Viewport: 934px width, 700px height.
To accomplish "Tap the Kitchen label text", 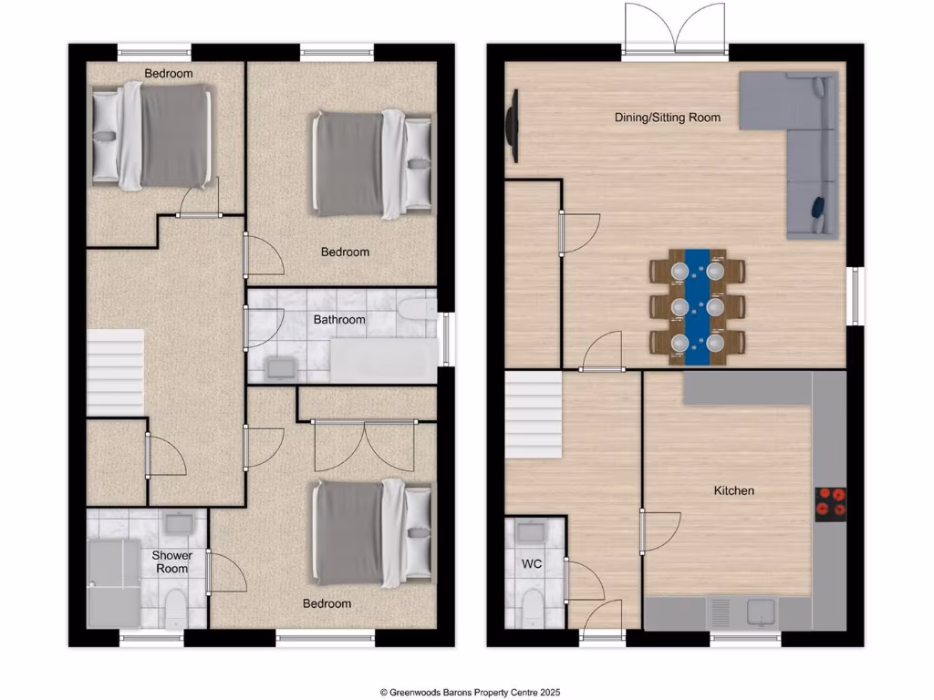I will pos(733,491).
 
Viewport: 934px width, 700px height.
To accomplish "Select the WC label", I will pos(532,564).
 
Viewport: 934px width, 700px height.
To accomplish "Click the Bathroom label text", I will pos(339,320).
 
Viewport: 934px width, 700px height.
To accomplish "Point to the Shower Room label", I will pos(171,561).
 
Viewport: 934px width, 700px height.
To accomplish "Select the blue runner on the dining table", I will pos(698,306).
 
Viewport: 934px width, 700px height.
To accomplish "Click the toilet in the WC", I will pos(529,605).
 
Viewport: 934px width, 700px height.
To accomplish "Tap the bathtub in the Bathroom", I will pos(383,361).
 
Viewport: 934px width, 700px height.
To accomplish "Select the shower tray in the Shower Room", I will pos(114,582).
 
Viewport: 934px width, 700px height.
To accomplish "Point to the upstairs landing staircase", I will pos(115,373).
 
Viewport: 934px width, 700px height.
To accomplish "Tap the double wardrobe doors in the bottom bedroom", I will pos(364,447).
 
